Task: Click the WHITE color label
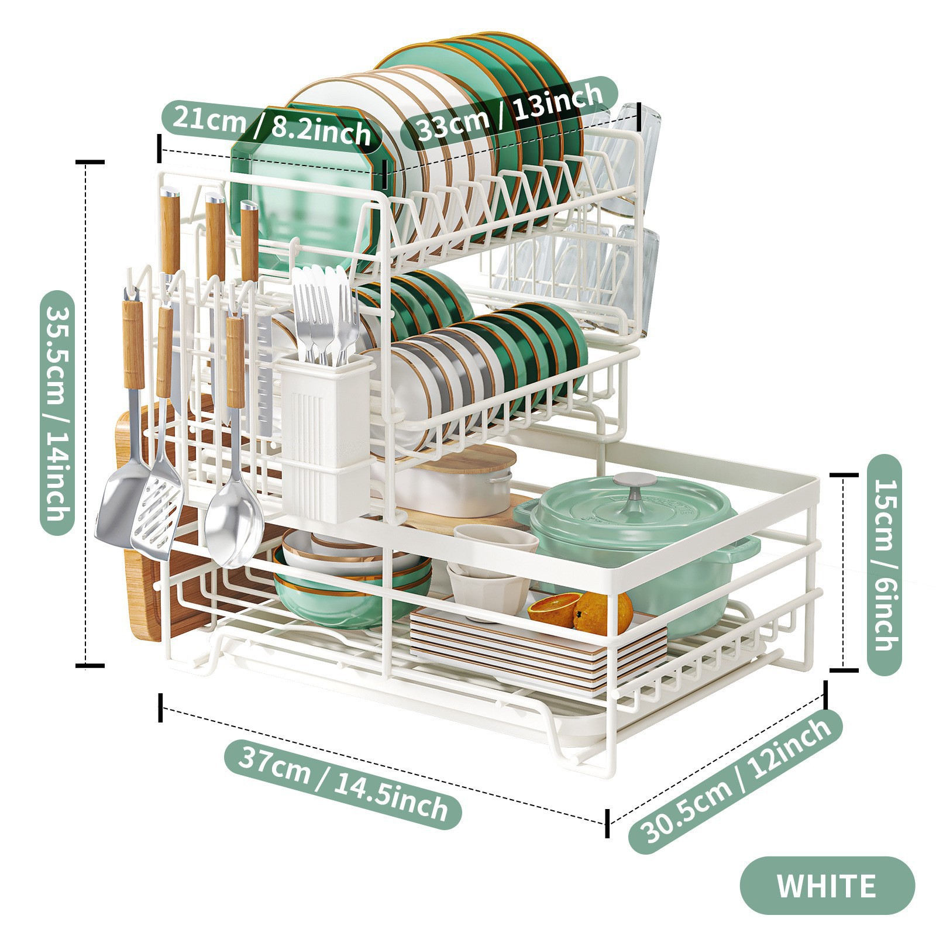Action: coord(827,886)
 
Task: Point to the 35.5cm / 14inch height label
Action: coord(57,413)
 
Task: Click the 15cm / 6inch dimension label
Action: coord(884,565)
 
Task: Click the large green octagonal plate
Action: coord(304,193)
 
